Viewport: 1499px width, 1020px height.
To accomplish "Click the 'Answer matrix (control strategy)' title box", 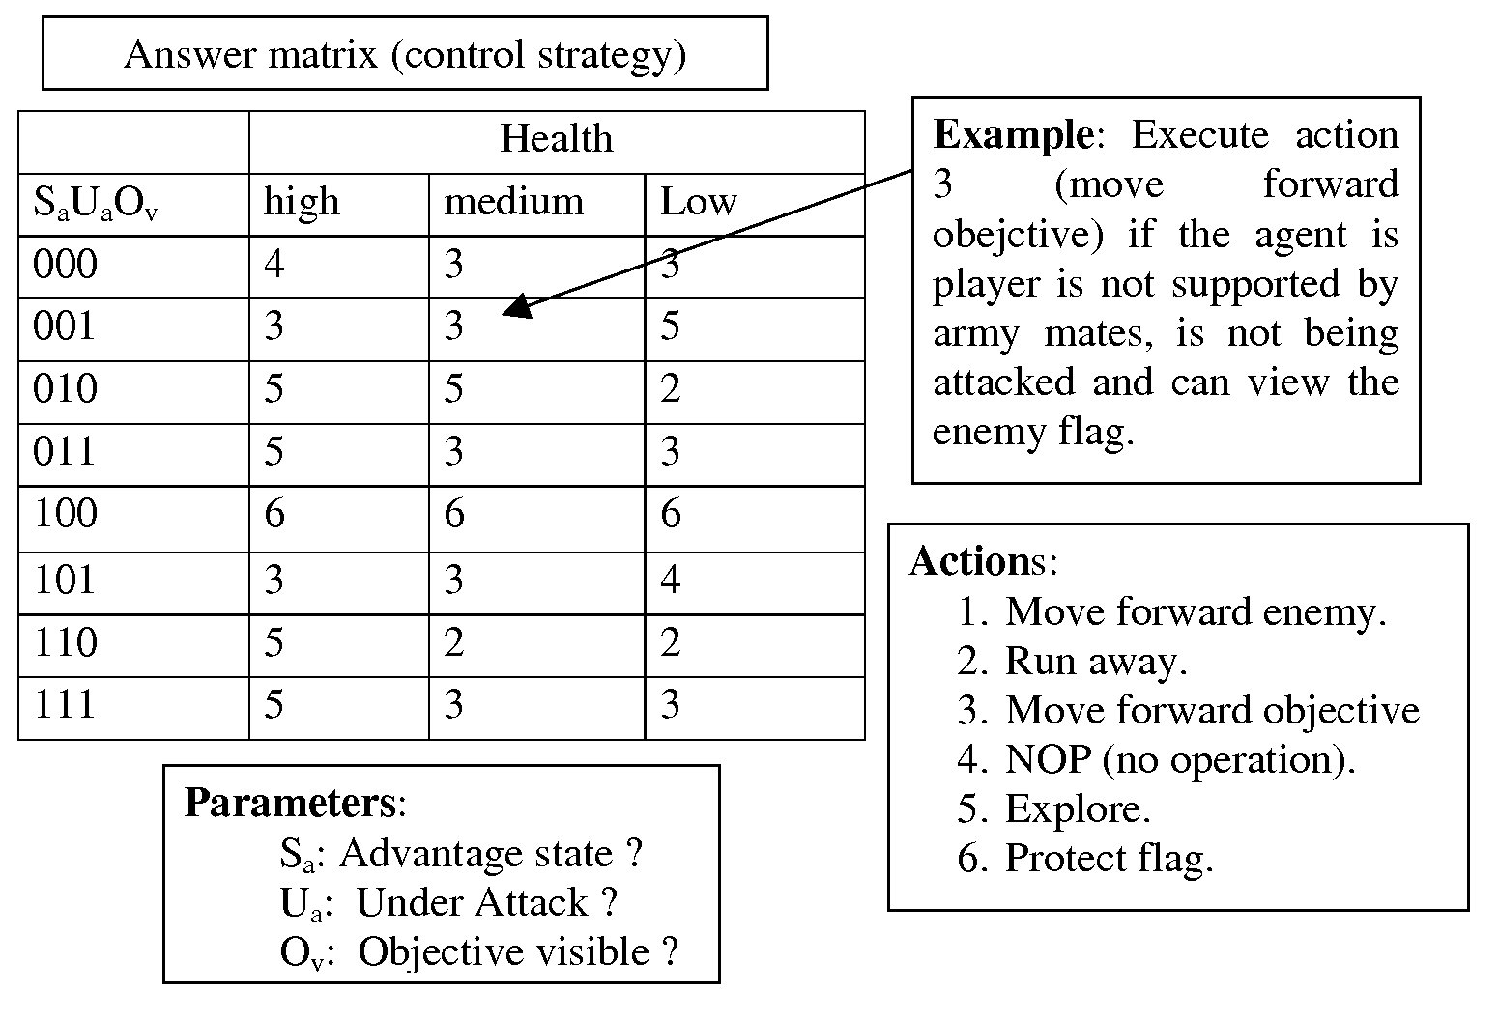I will click(405, 54).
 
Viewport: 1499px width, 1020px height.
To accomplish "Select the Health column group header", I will click(557, 139).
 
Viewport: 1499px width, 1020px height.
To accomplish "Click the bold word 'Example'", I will click(1012, 134).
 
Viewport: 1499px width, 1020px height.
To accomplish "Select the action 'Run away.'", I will click(1095, 662).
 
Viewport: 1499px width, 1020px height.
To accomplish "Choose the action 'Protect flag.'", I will click(1108, 859).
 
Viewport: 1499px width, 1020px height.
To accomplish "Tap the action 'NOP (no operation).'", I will click(1179, 760).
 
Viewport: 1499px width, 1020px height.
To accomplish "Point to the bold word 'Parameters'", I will click(290, 804).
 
